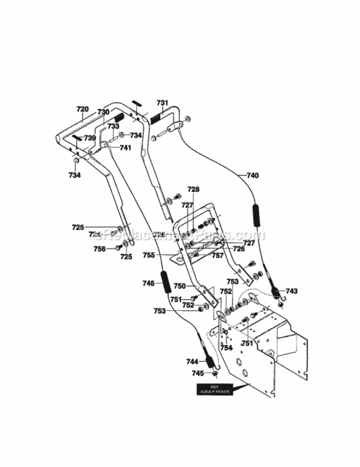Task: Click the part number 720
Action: pyautogui.click(x=83, y=109)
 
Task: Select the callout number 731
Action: pyautogui.click(x=162, y=102)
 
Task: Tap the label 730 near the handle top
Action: pyautogui.click(x=103, y=112)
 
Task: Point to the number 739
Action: pyautogui.click(x=90, y=138)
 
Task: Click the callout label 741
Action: pyautogui.click(x=125, y=148)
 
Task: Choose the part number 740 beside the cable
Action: pyautogui.click(x=252, y=176)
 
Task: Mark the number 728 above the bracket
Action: pyautogui.click(x=194, y=189)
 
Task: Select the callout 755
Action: pyautogui.click(x=166, y=255)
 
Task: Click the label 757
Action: pyautogui.click(x=217, y=255)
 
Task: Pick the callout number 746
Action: pyautogui.click(x=148, y=283)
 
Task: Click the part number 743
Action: pyautogui.click(x=291, y=291)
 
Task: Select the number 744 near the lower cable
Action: pyautogui.click(x=192, y=361)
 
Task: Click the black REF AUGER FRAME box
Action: pyautogui.click(x=214, y=390)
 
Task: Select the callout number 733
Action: pyautogui.click(x=113, y=126)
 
